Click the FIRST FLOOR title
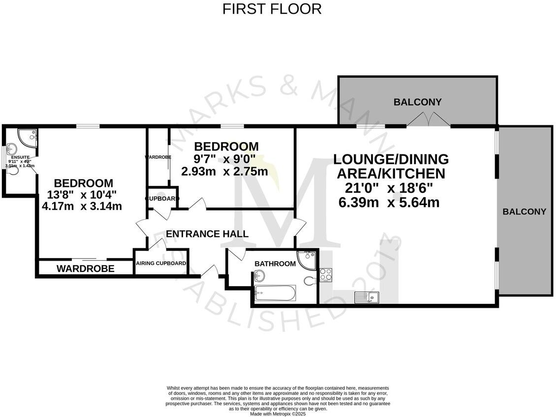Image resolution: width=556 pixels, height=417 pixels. point(272,9)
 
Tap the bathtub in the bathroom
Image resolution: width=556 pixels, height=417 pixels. point(275,294)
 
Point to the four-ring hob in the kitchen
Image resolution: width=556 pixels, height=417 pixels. point(326,274)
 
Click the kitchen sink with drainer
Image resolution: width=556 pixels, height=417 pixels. point(366,297)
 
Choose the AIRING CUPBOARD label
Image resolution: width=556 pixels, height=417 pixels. point(161,264)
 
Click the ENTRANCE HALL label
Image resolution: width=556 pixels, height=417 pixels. point(207,234)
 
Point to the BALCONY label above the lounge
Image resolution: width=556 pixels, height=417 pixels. point(417,102)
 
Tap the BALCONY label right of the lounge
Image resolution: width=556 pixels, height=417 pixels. point(524,212)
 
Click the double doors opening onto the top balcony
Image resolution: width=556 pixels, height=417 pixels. point(429,120)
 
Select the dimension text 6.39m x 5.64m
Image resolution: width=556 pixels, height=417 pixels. point(389,202)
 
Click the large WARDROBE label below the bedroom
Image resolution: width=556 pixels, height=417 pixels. point(85,268)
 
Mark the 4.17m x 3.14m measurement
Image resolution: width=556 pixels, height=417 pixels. point(82,207)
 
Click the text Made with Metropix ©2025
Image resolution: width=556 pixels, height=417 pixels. point(278,414)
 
